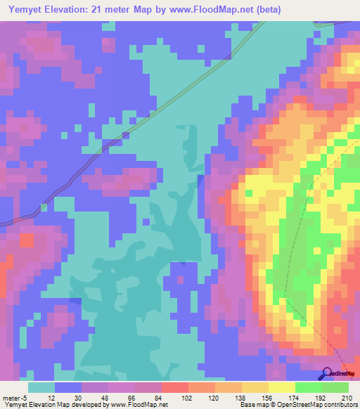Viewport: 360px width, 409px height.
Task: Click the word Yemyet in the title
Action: [x=22, y=9]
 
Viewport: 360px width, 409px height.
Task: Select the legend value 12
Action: [x=54, y=397]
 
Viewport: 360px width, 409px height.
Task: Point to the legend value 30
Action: [x=81, y=397]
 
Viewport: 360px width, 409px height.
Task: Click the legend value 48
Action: [x=108, y=397]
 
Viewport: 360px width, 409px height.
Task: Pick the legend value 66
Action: [x=134, y=397]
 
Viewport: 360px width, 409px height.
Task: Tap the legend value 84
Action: [x=161, y=397]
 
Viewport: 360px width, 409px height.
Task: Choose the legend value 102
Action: [x=188, y=397]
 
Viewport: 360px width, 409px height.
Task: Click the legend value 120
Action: [x=214, y=397]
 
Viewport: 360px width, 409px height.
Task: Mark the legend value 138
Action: [x=241, y=397]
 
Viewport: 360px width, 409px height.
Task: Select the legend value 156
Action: [x=268, y=397]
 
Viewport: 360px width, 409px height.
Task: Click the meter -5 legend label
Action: [x=14, y=397]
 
